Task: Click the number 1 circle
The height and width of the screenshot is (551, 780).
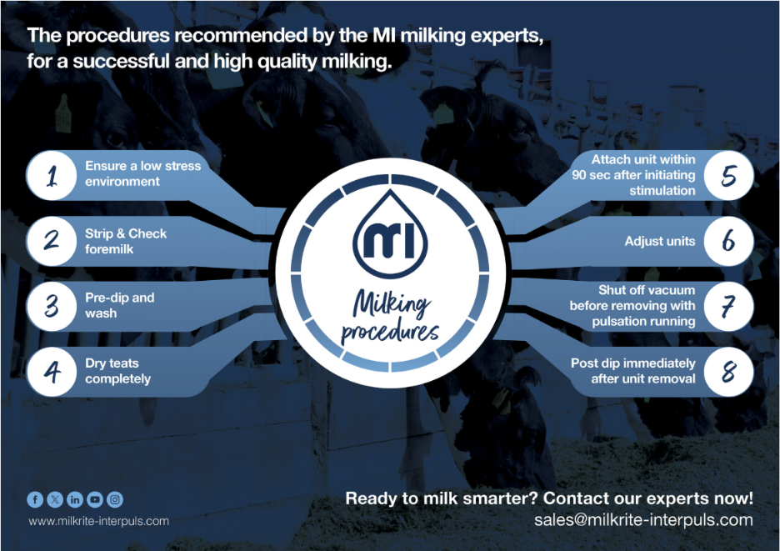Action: coord(52,175)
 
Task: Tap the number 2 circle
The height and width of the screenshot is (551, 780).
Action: coord(52,241)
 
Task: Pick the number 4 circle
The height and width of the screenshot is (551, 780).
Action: coord(52,371)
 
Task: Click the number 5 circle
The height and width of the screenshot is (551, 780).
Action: coord(728,175)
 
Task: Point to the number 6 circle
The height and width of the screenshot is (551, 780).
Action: coord(728,241)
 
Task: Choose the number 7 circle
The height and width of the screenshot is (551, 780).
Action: coord(728,307)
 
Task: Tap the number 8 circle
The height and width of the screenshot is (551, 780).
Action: coord(728,372)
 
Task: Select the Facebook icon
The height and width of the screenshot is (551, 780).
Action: coord(35,499)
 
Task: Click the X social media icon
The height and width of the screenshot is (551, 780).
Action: coord(55,499)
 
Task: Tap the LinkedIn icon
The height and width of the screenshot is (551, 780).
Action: coord(75,499)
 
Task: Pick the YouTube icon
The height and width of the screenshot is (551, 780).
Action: coord(95,499)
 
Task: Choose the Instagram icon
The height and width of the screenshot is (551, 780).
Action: coord(115,499)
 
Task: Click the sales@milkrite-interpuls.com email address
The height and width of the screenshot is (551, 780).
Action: coord(643,520)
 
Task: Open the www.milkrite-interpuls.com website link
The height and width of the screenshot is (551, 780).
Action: coord(99,521)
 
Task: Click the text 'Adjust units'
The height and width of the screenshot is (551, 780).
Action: coord(659,242)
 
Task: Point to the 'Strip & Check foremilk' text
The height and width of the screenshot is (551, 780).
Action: coord(126,241)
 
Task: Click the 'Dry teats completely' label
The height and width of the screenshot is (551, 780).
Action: coord(117,371)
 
